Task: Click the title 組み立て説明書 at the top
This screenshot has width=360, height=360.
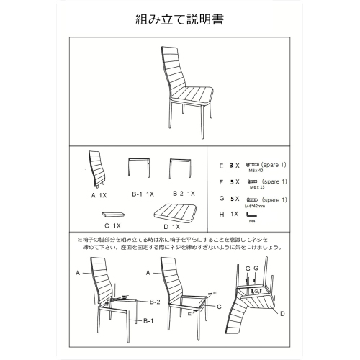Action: (x=179, y=19)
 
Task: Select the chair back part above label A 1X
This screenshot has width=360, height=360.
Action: (x=97, y=168)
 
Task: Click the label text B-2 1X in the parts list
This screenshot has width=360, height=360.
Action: (x=183, y=194)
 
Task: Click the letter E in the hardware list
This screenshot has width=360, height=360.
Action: (x=222, y=166)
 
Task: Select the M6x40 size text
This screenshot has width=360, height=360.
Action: (x=256, y=171)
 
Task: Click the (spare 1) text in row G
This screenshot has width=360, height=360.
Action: (x=274, y=199)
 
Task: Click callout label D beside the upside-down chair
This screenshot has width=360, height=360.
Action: (x=282, y=314)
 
